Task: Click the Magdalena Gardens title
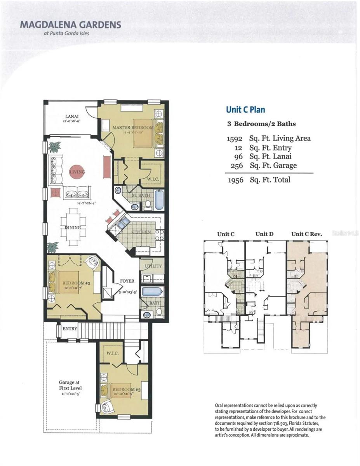coord(70,25)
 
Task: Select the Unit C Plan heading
coord(246,110)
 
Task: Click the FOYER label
coord(127,281)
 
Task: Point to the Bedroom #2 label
coord(76,283)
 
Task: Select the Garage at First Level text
coord(70,385)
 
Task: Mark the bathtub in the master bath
coord(159,200)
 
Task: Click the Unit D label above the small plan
coord(264,234)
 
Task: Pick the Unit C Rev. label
coord(307,234)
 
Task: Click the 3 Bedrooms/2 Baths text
coord(261,124)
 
